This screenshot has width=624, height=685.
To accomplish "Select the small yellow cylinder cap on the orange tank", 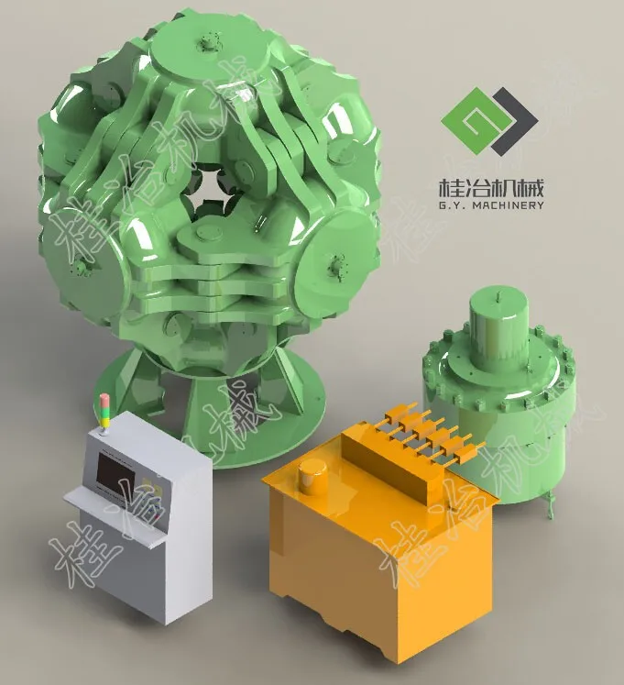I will click(313, 471).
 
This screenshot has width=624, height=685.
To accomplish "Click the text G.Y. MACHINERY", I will click(492, 205).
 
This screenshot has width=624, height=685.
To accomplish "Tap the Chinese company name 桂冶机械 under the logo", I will click(492, 189).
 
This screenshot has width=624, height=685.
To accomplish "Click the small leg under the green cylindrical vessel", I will click(549, 501).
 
